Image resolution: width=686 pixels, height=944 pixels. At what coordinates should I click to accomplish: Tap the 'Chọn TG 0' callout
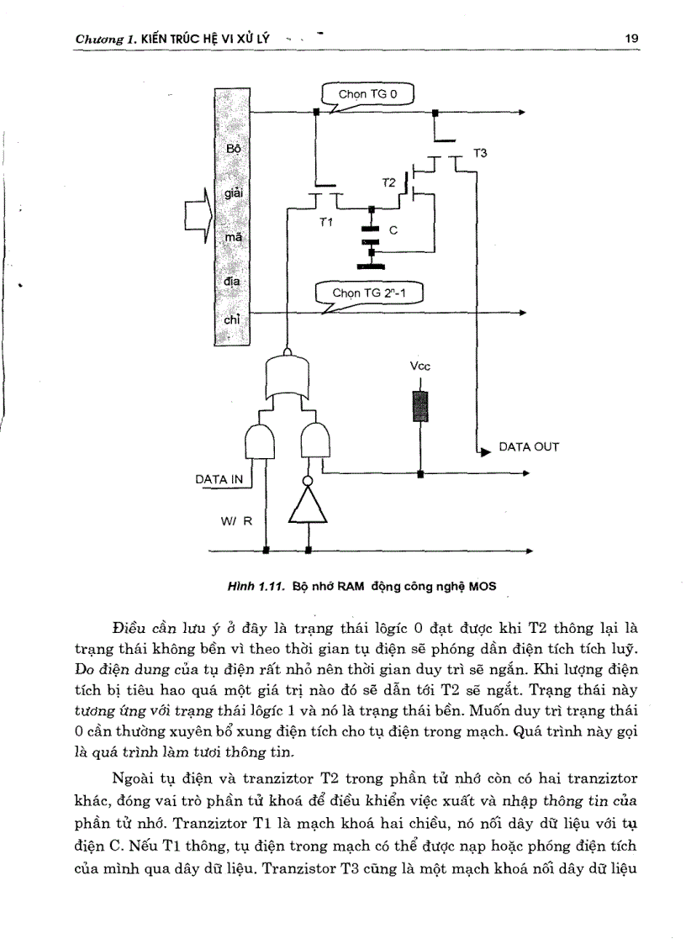[367, 94]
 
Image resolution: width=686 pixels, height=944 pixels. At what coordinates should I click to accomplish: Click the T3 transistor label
[480, 153]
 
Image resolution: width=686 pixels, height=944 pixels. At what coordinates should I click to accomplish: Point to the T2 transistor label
[388, 182]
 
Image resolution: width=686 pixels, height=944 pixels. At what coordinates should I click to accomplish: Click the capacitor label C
[392, 229]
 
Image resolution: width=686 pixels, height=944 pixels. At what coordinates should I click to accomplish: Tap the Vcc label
[419, 367]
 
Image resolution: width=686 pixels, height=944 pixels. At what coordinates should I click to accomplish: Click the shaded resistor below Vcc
[420, 407]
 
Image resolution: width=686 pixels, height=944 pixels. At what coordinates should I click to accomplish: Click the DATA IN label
[219, 479]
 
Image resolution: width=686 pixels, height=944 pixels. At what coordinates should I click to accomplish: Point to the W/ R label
[236, 520]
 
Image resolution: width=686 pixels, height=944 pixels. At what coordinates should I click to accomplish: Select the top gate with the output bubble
[288, 371]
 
